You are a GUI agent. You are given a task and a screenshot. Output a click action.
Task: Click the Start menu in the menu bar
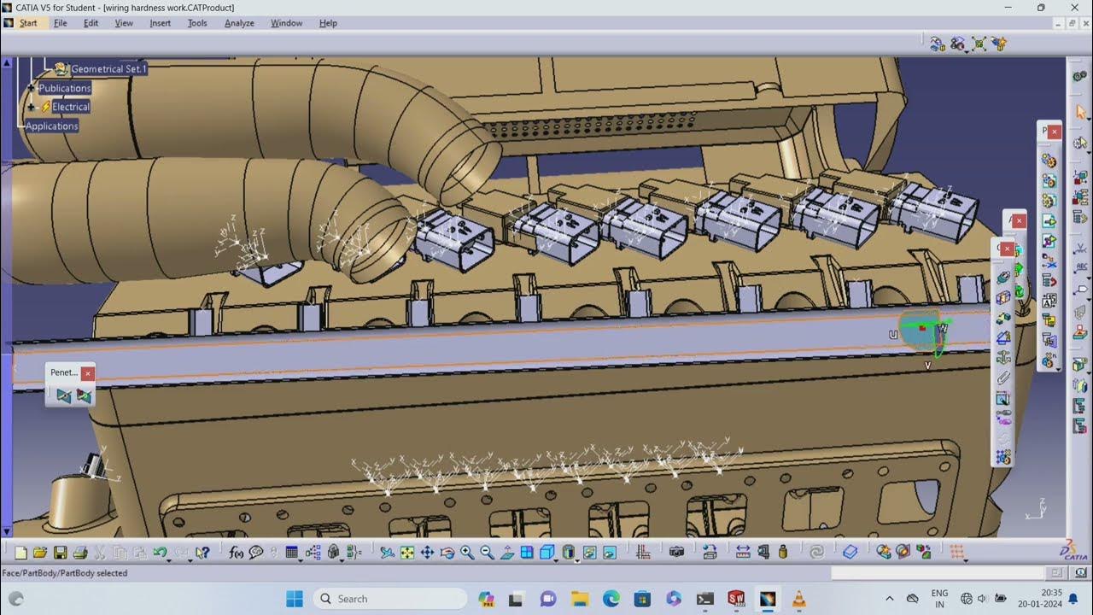28,23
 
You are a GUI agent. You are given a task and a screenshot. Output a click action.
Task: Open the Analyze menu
239,23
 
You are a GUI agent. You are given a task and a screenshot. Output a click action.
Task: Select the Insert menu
161,23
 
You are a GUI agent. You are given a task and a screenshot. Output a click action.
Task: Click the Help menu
328,23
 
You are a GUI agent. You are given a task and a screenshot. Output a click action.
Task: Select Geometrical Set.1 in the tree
108,68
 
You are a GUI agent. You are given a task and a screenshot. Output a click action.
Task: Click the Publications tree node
65,88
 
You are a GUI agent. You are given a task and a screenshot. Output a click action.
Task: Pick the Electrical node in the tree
71,107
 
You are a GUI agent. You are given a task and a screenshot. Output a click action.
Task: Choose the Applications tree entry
52,126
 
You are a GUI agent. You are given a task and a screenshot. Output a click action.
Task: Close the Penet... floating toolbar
87,373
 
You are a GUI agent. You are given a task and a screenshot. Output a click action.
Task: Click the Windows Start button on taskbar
295,599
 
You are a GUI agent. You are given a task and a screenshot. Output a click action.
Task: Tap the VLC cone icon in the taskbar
798,599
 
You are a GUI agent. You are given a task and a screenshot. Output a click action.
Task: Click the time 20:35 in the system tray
1051,593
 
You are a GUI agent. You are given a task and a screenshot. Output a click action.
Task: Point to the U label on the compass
893,335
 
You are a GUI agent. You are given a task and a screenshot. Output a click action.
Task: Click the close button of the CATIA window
1074,8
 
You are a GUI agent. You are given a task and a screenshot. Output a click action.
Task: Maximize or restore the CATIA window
1041,8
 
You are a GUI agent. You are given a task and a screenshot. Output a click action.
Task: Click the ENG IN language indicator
939,599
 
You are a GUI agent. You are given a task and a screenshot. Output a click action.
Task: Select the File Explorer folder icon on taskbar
580,599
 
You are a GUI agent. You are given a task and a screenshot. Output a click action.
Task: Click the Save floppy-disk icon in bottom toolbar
61,553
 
